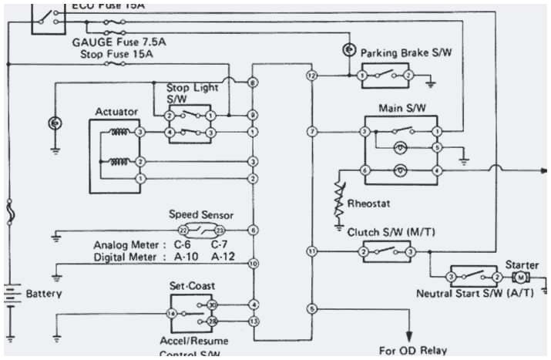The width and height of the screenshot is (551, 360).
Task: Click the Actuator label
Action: tap(116, 112)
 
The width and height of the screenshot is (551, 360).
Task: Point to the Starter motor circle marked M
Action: tap(520, 277)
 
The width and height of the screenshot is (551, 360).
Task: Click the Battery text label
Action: tap(44, 294)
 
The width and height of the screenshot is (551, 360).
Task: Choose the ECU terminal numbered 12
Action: tap(311, 76)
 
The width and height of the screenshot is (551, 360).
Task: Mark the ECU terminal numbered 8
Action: tap(253, 82)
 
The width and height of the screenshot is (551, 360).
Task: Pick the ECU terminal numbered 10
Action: tap(253, 264)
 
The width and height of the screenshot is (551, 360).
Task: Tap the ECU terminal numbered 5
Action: tap(311, 308)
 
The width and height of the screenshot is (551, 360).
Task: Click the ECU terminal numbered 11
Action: tap(311, 251)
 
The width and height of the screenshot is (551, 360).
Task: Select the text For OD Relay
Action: tap(412, 350)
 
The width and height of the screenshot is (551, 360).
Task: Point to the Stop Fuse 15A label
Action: tap(116, 55)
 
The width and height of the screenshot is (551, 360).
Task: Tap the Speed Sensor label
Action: tap(200, 215)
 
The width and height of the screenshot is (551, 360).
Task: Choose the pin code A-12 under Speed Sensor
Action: tap(223, 256)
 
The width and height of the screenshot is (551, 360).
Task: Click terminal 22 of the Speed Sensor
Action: tap(183, 230)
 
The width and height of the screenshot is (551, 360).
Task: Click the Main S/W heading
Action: tap(398, 108)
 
